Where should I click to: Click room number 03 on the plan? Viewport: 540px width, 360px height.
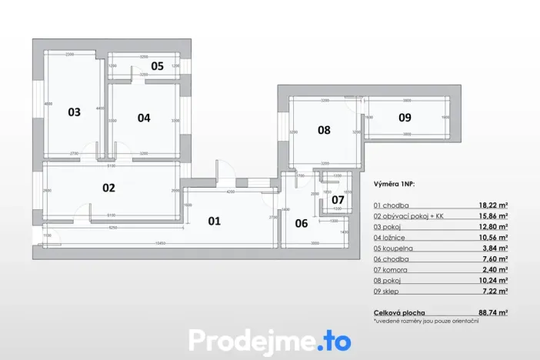[x=74, y=112]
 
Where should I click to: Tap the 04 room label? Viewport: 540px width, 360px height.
[x=144, y=118]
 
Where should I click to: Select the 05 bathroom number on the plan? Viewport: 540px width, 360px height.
[x=157, y=66]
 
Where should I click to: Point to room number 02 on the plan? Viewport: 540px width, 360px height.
[x=108, y=188]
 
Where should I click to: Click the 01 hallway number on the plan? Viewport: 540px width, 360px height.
[x=214, y=221]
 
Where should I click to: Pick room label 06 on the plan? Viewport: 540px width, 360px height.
[x=302, y=224]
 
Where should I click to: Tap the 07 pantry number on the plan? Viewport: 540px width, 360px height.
[x=338, y=200]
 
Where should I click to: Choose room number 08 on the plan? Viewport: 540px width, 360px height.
[x=324, y=131]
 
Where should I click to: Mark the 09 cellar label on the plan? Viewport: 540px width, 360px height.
[x=405, y=118]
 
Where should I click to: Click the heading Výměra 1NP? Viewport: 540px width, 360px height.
[x=394, y=185]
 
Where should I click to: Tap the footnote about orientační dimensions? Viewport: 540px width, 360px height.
[x=425, y=321]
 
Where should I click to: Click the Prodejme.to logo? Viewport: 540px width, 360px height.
[x=270, y=340]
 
